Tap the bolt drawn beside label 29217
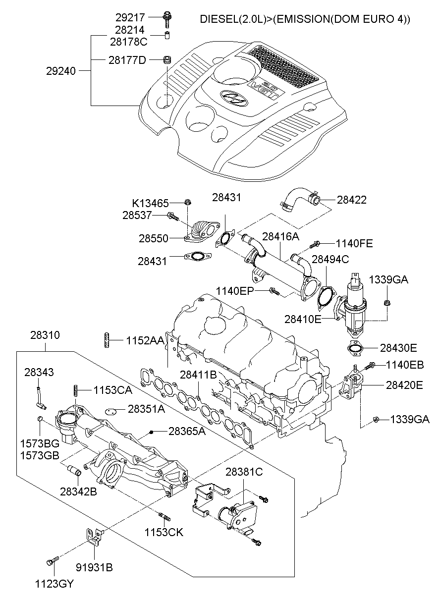[166, 19]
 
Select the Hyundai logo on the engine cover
[231, 98]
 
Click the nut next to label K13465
[188, 202]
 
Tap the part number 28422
[352, 200]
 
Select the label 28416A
[280, 236]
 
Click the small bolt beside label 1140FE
[315, 244]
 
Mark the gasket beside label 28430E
[356, 349]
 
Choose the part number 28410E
[303, 318]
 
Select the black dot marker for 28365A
[152, 432]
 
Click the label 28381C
[244, 472]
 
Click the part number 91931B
[94, 567]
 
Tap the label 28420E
[404, 384]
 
